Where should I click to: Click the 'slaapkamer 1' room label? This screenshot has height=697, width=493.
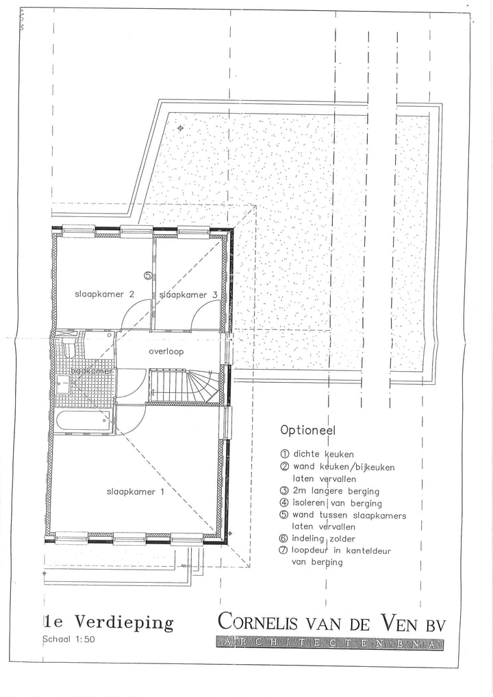click(x=135, y=492)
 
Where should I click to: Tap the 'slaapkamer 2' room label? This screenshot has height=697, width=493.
click(x=104, y=294)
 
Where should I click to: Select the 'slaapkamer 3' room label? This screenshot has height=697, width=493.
click(x=188, y=295)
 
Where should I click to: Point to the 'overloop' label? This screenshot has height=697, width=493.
click(x=166, y=351)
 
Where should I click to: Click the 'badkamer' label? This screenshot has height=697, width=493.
click(x=92, y=371)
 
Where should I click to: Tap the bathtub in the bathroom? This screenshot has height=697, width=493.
click(x=84, y=420)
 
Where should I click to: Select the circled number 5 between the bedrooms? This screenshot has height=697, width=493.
click(x=148, y=275)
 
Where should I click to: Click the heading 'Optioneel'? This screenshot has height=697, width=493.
click(x=307, y=431)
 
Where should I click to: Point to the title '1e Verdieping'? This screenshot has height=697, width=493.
click(x=108, y=622)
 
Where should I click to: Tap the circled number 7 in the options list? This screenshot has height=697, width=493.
click(x=284, y=550)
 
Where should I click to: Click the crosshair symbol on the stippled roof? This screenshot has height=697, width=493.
click(x=181, y=128)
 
